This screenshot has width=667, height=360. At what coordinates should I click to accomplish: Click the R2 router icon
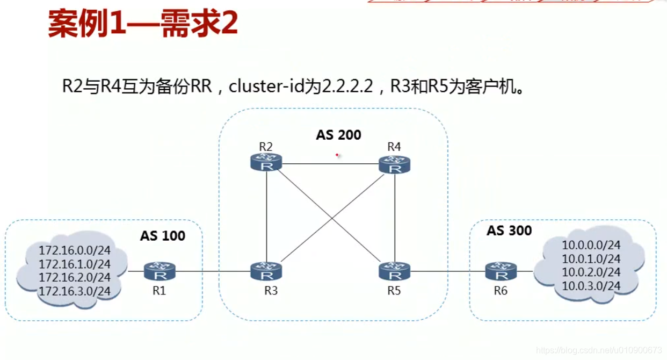point(266,163)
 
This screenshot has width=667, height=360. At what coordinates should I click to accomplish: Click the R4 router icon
point(395,164)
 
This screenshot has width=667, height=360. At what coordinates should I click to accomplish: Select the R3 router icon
point(266,271)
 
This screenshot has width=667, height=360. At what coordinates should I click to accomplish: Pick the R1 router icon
point(160,271)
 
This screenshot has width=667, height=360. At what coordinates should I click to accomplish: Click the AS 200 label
point(338,135)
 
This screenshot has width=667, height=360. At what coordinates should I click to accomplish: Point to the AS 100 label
point(163,235)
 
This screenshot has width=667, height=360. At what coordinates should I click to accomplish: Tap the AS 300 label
point(509,231)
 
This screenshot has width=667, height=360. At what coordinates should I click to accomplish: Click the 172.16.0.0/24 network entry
point(74,250)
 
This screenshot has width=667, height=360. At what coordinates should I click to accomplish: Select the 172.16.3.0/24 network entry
point(74,291)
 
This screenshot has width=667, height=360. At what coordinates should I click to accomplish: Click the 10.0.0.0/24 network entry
point(591,245)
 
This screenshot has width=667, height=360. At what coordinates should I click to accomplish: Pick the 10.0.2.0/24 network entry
point(591,272)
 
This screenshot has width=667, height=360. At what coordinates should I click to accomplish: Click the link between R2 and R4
point(330,164)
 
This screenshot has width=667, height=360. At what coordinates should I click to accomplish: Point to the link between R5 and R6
point(448,271)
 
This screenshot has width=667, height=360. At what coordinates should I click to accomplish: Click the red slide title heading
point(143,24)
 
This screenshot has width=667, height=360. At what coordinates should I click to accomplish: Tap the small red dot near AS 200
point(337,155)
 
